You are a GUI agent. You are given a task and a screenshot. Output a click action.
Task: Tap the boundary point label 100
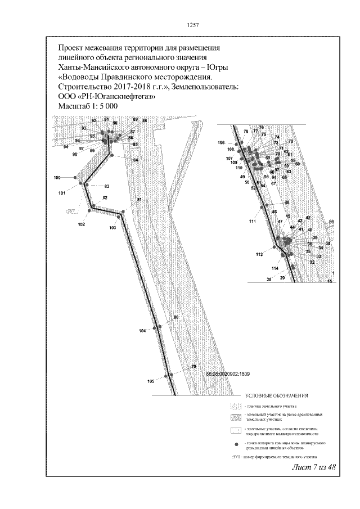(57, 178)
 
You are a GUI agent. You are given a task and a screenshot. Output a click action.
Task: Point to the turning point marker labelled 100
(75, 178)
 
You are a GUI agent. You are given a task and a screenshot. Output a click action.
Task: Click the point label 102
(82, 224)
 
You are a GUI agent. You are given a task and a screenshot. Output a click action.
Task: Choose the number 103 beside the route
(112, 228)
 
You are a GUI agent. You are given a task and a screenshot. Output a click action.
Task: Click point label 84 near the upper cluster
(136, 160)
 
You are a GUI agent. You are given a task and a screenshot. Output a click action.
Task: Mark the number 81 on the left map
(139, 201)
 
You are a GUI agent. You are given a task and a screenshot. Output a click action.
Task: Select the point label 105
(151, 381)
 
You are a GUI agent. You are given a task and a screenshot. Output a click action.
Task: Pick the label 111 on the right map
(252, 222)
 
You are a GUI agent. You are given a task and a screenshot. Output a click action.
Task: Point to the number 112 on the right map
(259, 255)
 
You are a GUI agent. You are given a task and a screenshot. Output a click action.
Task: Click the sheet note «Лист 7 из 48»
(313, 468)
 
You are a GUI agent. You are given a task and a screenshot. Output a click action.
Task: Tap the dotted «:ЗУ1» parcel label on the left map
(71, 211)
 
